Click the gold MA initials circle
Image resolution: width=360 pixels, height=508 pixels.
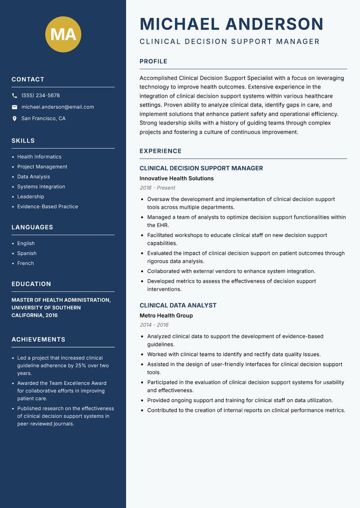[63, 34]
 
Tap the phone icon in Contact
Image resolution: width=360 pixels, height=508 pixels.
[14, 96]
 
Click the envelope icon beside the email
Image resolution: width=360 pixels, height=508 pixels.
[14, 107]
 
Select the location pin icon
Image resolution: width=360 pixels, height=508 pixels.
[14, 119]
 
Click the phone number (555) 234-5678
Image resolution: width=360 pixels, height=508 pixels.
[40, 96]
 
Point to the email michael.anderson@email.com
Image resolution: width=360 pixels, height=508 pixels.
[58, 107]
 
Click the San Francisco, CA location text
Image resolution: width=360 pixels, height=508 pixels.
[43, 119]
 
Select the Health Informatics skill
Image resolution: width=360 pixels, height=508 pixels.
[39, 157]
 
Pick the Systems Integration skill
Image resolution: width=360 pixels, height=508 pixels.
[41, 187]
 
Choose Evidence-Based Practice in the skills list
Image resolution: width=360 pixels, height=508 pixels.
[47, 207]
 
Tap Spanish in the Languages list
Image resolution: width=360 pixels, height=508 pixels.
[27, 254]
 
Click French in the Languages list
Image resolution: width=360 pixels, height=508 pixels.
[25, 263]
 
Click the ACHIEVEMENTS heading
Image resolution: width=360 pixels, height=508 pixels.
[38, 339]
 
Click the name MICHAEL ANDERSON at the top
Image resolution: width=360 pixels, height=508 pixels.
[231, 24]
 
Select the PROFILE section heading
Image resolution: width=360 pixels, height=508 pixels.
[153, 62]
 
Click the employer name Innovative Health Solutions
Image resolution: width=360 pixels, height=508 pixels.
[176, 178]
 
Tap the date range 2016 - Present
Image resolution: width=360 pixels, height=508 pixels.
[157, 188]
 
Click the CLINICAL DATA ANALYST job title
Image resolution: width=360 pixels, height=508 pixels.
[178, 305]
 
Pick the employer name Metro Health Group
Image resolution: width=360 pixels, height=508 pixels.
[166, 316]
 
